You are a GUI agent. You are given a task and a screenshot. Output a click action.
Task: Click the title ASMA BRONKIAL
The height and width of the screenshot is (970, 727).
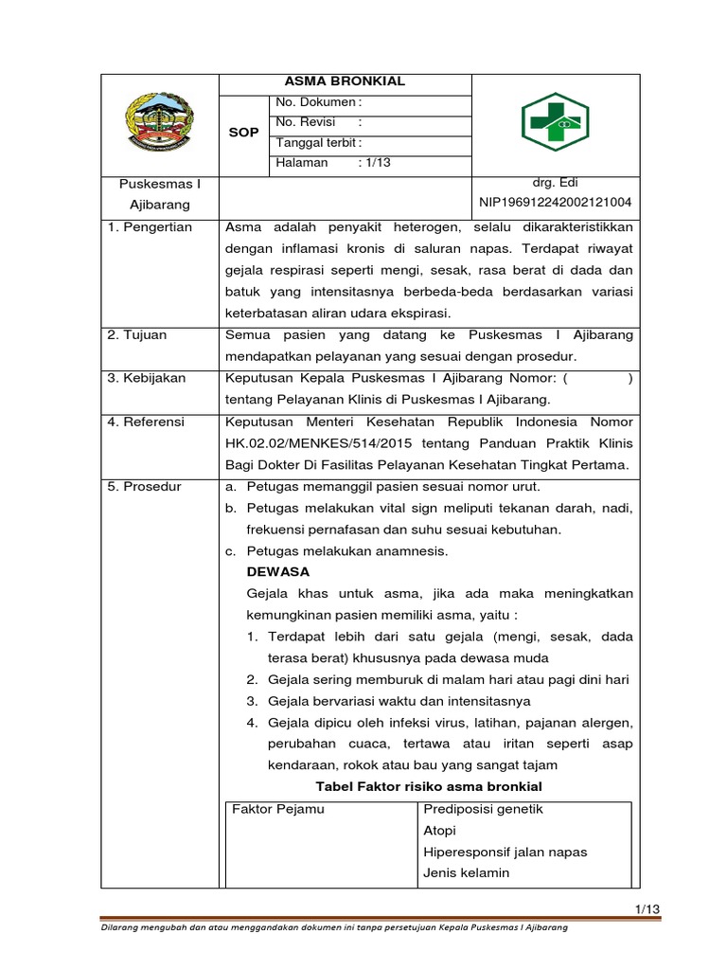345,81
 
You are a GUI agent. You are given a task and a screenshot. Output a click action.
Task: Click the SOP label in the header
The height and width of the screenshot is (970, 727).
243,133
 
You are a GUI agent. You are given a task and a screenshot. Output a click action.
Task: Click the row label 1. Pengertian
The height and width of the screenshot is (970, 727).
149,227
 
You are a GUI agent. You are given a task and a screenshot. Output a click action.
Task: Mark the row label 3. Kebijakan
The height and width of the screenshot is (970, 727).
147,378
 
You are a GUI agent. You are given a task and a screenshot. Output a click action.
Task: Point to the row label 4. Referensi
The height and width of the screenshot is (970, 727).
146,422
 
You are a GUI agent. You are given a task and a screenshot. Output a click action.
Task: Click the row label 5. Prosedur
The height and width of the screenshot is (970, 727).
143,486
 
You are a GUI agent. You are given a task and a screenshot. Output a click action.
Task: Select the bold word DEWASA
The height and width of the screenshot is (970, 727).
277,572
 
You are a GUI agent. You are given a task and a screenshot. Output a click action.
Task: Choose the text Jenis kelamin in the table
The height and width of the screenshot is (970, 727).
467,873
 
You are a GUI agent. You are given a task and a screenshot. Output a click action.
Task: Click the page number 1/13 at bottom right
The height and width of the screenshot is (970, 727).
647,909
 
